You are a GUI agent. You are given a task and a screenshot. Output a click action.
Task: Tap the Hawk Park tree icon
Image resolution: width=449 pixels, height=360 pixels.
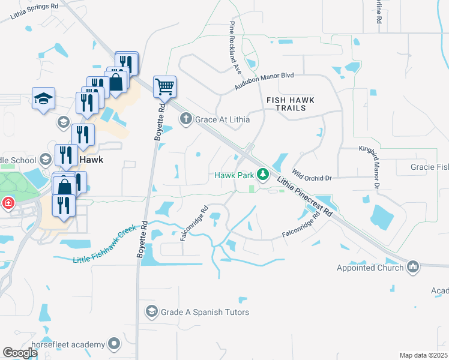(262, 175)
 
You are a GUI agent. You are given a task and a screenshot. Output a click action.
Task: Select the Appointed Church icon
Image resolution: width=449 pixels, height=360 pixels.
(412, 266)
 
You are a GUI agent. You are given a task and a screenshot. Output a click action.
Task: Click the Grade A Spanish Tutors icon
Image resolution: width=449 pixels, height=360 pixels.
(151, 312)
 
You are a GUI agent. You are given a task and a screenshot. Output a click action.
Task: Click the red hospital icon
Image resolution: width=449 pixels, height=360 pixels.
(8, 203)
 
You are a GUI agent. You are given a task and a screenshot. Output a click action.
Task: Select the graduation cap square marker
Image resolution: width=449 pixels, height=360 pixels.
(43, 98)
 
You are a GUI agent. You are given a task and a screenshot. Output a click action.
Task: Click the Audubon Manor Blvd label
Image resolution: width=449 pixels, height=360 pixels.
(264, 80)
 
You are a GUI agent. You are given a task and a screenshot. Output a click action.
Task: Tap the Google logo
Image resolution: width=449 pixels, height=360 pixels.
(20, 353)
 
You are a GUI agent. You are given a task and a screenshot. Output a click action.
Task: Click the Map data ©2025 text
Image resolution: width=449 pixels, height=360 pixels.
(423, 355)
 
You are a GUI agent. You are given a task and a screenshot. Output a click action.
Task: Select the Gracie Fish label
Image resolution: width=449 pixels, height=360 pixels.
(429, 166)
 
